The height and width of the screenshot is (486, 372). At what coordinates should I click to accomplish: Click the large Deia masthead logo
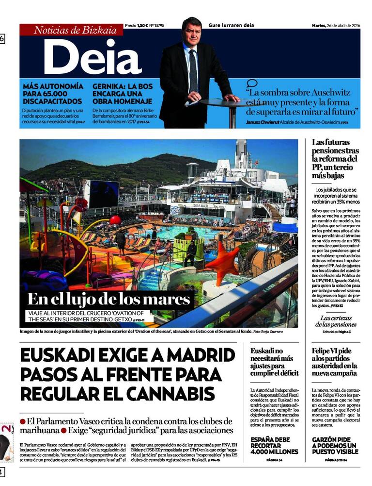[x=93, y=57]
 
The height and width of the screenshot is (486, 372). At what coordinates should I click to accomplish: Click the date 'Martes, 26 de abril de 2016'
[x=336, y=25]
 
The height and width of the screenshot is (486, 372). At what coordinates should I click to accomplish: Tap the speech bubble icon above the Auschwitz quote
[x=252, y=84]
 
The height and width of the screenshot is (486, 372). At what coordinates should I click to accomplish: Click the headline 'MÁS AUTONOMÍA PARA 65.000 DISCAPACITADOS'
[x=53, y=94]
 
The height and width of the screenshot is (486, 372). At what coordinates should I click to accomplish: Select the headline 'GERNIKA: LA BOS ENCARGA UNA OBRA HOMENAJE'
[x=123, y=94]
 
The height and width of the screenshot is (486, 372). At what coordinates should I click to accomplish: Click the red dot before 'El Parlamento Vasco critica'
[x=23, y=421]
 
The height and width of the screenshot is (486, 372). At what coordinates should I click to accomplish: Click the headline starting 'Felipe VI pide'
[x=335, y=362]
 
